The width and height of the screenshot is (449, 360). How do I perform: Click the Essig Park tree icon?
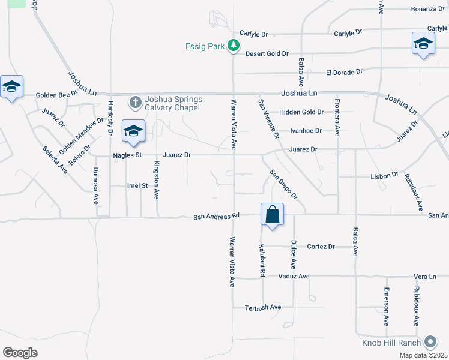pos(234,46)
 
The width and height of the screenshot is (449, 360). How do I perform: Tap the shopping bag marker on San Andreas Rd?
pos(272,214)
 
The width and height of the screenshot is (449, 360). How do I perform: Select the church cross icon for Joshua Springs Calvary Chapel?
pos(135,103)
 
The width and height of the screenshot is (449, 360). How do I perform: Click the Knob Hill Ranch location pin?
pos(430,343)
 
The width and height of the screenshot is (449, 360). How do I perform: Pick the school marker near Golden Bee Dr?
pos(11,86)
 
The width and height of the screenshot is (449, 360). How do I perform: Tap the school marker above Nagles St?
pos(133,131)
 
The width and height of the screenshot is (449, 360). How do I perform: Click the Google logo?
pos(20,353)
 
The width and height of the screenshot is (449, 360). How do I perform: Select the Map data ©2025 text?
pos(423,355)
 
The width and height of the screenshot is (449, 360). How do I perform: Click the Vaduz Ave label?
pos(294,276)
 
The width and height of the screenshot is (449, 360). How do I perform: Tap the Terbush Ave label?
pos(263,307)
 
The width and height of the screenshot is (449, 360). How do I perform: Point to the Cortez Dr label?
pos(321,247)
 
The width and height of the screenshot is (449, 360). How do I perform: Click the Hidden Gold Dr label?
pos(301,112)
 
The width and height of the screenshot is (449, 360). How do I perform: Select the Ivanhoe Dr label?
pos(306,130)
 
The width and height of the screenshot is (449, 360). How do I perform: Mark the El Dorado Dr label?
pos(344,72)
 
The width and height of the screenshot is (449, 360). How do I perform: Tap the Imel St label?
pos(137,186)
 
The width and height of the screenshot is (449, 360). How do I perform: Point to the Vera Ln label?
pos(424,276)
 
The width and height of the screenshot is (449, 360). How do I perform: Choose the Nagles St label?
pos(127,155)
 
